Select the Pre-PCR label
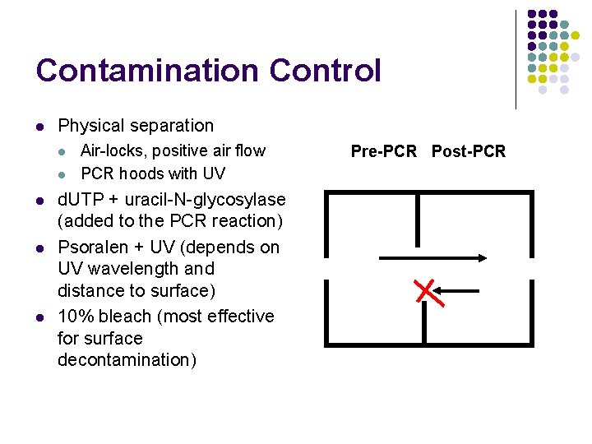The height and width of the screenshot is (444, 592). tap(384, 151)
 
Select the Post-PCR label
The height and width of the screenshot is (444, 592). tap(469, 151)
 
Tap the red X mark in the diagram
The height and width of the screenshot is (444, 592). tap(425, 290)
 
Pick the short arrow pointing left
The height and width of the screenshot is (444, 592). tap(456, 289)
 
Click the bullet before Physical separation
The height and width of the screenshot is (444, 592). tap(39, 127)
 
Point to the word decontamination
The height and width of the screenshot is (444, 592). tap(127, 360)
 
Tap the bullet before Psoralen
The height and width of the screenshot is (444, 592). tap(39, 248)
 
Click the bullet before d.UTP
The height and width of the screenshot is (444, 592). tap(39, 200)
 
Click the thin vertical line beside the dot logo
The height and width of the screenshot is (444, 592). tap(516, 59)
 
